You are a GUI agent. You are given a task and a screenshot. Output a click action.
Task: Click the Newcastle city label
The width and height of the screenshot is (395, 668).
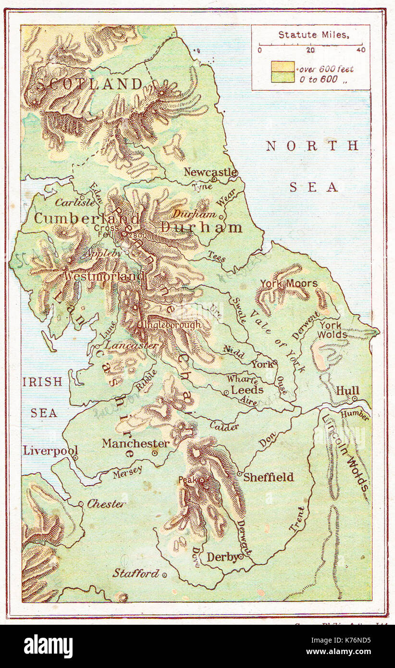(x=210, y=172)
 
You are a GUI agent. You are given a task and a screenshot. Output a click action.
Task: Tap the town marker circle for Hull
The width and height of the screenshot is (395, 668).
(x=354, y=398)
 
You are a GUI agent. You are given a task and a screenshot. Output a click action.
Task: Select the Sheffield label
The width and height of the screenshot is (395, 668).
(x=268, y=477)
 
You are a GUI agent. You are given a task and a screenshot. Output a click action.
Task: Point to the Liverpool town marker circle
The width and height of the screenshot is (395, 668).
(x=75, y=458)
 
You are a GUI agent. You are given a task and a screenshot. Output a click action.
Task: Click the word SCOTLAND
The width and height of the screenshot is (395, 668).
(x=89, y=84)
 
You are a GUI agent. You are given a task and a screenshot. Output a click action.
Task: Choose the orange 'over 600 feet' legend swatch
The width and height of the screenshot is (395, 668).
(x=283, y=66)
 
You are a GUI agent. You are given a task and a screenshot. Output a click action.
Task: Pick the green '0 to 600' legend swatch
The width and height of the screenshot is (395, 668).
(x=283, y=77)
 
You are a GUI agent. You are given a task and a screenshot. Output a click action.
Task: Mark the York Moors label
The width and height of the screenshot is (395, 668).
(x=289, y=284)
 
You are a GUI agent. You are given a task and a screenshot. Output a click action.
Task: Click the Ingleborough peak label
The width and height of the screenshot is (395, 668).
(x=170, y=325)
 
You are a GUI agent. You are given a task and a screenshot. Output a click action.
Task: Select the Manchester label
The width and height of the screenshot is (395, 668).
(x=136, y=444)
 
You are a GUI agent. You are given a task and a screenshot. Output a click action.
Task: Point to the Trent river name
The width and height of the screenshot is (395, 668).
(x=297, y=519)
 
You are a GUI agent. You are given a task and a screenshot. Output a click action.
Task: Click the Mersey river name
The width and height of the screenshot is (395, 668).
(x=127, y=473)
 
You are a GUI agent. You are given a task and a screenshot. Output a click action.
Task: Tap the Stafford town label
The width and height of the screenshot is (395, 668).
(x=136, y=573)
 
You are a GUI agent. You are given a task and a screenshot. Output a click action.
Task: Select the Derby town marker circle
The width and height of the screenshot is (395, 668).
(x=241, y=557)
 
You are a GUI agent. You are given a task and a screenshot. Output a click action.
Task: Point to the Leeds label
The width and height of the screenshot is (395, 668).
(x=247, y=390)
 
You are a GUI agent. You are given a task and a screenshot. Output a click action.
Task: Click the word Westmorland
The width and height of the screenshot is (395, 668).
(x=104, y=276)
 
